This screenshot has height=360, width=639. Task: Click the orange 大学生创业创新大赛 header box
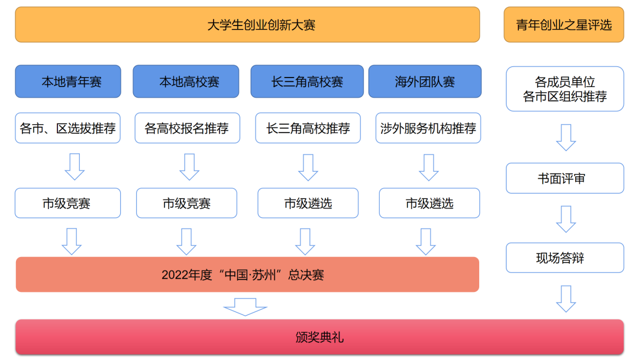coord(247,25)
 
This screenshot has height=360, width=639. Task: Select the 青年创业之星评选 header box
coord(564,25)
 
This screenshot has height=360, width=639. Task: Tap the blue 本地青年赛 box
coord(68,82)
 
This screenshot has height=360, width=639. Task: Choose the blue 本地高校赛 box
coord(186,82)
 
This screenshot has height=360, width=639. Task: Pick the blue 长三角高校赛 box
coord(307,82)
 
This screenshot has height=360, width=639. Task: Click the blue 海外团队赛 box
coord(425,82)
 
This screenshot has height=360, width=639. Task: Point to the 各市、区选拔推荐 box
coord(68,128)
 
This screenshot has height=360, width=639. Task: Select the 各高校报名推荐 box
coord(187,128)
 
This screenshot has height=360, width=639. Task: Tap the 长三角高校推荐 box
coord(308,128)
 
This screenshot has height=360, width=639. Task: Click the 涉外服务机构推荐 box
coord(428,128)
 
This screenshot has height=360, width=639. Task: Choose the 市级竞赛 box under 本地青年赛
coord(68,204)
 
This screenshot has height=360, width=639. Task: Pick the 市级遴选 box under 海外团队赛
coord(429,204)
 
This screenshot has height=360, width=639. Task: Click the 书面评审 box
coord(565,178)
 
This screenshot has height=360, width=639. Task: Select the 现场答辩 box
coord(565,258)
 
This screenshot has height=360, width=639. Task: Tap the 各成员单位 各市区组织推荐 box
coord(565,89)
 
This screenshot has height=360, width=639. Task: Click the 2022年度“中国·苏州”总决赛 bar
coord(247,275)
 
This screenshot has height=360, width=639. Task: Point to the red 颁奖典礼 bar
coord(319,337)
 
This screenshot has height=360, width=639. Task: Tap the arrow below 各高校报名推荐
coord(189,167)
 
